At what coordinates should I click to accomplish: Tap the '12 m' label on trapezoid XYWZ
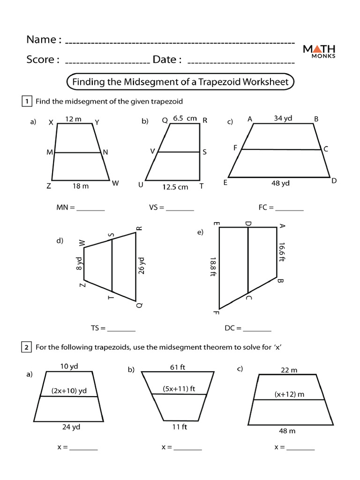pyautogui.click(x=73, y=119)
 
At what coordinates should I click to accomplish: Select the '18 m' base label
pyautogui.click(x=81, y=186)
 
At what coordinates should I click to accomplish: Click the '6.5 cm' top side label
pyautogui.click(x=185, y=119)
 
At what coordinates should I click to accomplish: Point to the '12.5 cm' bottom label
pyautogui.click(x=175, y=187)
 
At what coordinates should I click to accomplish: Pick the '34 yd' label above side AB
pyautogui.click(x=283, y=118)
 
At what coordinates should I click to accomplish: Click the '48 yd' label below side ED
pyautogui.click(x=281, y=183)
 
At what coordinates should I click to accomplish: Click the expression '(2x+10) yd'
pyautogui.click(x=69, y=390)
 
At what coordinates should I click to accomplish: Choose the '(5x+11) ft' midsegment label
pyautogui.click(x=179, y=388)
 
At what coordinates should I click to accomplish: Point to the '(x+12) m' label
pyautogui.click(x=289, y=394)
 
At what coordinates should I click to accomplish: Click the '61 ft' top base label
pyautogui.click(x=178, y=367)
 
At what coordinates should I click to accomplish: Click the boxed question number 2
pyautogui.click(x=27, y=347)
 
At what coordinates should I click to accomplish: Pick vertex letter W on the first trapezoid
pyautogui.click(x=115, y=184)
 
